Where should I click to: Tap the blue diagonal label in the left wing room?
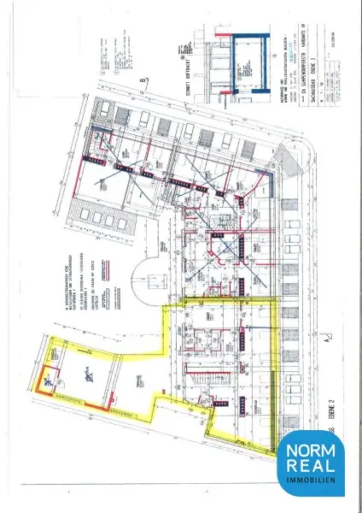(x=85, y=373)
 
